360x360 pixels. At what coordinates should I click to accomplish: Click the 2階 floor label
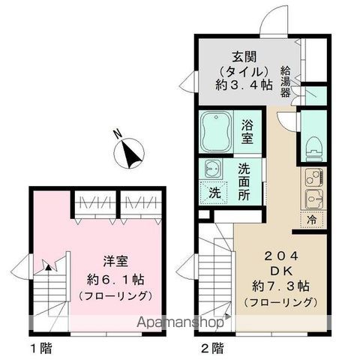[x=212, y=347]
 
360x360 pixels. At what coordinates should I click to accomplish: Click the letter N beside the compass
[x=118, y=135]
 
